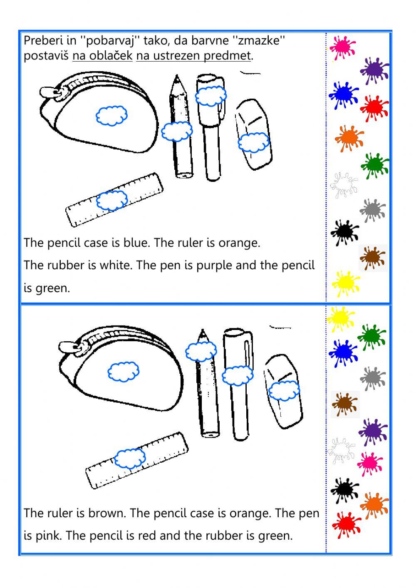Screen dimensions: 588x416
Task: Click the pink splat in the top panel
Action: click(x=342, y=47)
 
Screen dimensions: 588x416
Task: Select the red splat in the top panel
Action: click(x=374, y=108)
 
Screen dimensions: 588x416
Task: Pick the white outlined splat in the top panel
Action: click(x=344, y=184)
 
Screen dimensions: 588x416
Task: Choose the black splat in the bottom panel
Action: click(x=344, y=489)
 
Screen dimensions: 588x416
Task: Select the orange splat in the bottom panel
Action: click(x=374, y=505)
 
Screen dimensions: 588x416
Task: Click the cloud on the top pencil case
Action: click(x=111, y=115)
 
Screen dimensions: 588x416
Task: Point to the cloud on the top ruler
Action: click(x=112, y=201)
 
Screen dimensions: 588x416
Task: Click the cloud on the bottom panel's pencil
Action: click(x=201, y=352)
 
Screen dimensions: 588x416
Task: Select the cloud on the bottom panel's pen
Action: click(x=237, y=376)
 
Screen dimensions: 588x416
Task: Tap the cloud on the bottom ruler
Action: click(x=130, y=458)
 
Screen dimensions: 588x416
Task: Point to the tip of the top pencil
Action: click(x=177, y=77)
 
